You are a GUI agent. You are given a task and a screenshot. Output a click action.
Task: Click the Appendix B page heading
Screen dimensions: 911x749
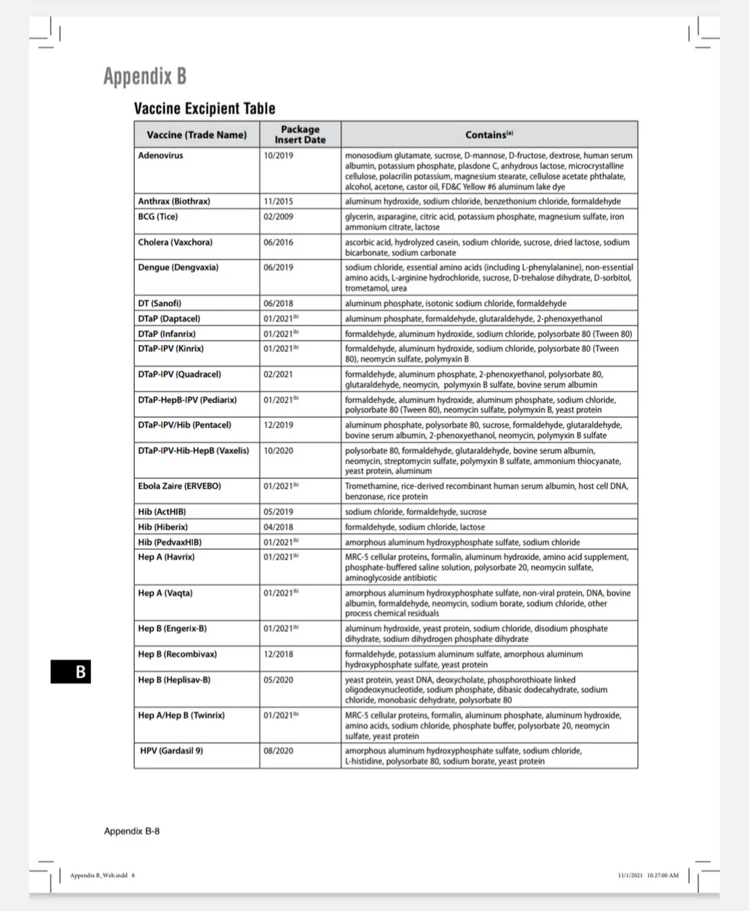(145, 76)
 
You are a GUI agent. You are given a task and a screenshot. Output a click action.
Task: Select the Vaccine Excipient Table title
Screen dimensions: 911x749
(204, 108)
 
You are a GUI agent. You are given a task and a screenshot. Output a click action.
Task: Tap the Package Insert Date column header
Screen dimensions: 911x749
(300, 135)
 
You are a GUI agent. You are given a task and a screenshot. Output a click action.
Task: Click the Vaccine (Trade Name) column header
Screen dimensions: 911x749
(197, 135)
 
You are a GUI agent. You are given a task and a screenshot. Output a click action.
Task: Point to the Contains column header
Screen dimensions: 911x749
(489, 135)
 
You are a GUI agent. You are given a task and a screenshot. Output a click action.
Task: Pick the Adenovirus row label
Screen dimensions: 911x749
(160, 156)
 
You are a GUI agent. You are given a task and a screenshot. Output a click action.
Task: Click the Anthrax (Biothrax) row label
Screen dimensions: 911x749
(174, 201)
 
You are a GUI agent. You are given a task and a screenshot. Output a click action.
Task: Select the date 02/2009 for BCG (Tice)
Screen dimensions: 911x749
(278, 217)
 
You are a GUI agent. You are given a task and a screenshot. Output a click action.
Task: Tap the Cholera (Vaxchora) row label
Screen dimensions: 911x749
(175, 242)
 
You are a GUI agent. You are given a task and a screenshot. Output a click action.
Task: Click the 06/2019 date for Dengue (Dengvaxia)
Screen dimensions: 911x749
(278, 268)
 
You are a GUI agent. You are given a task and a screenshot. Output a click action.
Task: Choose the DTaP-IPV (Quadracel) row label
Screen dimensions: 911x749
(179, 374)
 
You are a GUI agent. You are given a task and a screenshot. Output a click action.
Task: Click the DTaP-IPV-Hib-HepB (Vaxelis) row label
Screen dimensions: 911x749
(193, 451)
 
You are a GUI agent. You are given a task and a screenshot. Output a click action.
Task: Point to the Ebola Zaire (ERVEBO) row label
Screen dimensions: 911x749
(179, 486)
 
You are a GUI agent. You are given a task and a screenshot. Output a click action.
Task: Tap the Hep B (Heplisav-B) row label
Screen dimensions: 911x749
(174, 680)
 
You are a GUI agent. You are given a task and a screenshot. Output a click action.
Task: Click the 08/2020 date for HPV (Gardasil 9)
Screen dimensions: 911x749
(278, 751)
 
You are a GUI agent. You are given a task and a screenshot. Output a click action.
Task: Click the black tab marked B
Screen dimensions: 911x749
(71, 672)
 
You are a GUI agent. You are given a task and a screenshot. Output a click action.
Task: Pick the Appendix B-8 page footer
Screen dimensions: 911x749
(132, 831)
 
